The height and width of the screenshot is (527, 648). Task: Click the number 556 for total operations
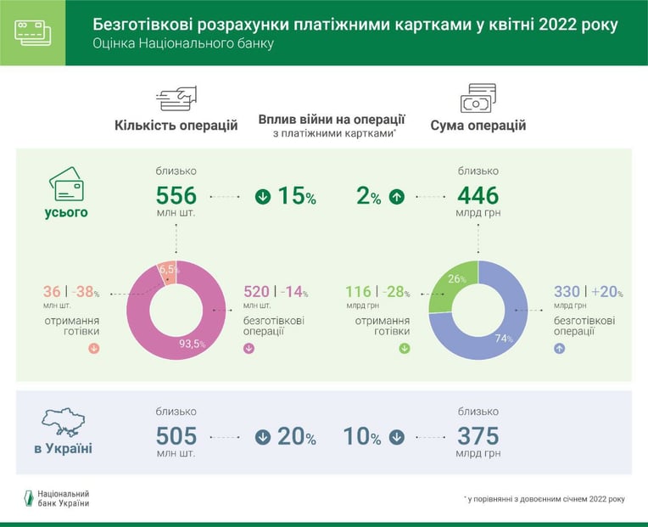tap(176, 195)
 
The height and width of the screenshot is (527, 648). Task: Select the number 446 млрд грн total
tap(478, 195)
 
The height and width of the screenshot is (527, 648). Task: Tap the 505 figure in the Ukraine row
tap(176, 436)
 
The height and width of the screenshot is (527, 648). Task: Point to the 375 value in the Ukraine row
tap(478, 436)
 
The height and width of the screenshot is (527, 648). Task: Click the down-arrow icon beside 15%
tap(263, 197)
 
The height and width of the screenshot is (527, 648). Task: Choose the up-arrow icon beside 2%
tap(397, 197)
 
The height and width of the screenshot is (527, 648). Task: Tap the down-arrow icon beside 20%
tap(263, 437)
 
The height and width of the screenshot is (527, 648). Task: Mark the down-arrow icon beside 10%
tap(397, 437)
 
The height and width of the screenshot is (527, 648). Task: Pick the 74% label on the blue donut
tap(504, 339)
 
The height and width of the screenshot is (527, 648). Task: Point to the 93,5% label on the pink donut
tap(193, 344)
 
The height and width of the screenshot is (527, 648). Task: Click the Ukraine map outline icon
tap(64, 422)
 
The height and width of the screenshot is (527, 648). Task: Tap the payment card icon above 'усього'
tap(66, 184)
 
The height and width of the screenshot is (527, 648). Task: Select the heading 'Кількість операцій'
tap(176, 126)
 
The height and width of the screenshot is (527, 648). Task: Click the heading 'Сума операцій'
tap(478, 126)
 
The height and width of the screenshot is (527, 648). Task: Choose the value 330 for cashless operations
tap(567, 291)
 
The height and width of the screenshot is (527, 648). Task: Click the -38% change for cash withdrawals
tap(86, 291)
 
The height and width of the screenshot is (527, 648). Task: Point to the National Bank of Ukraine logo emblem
tap(29, 498)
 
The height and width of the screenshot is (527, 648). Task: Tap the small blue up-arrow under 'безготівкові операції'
tap(559, 349)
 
